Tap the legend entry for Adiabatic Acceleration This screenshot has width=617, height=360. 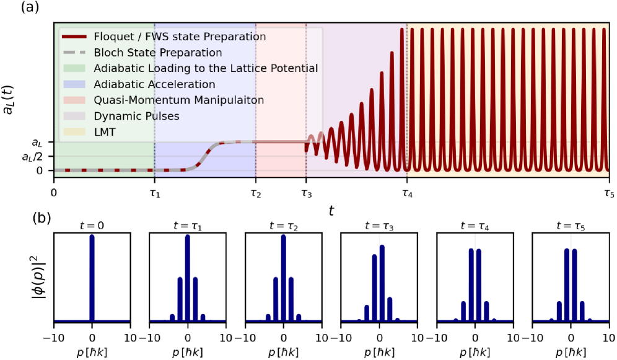[x=155, y=84]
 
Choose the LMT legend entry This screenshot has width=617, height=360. [x=105, y=131]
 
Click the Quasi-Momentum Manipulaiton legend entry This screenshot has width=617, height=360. [x=175, y=100]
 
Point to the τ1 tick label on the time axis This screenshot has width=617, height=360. [x=154, y=193]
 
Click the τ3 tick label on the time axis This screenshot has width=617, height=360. [x=305, y=193]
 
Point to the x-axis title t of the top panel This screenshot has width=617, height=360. [x=332, y=211]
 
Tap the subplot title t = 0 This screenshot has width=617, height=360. [x=92, y=226]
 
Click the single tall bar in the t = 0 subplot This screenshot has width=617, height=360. [x=92, y=279]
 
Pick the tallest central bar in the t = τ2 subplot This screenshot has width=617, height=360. [x=283, y=279]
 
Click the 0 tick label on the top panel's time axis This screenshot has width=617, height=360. [x=54, y=193]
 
